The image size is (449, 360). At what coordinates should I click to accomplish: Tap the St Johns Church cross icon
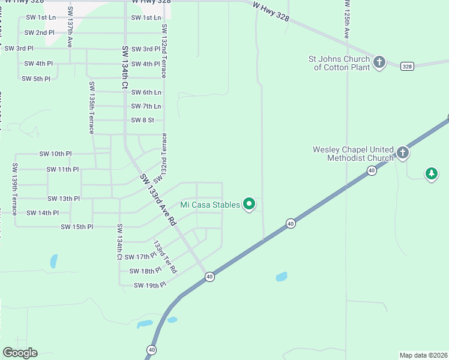click(379, 62)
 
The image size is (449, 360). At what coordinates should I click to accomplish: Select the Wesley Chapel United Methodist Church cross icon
click(402, 153)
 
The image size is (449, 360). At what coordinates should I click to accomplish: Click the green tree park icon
click(431, 174)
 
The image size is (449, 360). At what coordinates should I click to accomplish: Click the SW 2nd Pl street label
click(40, 32)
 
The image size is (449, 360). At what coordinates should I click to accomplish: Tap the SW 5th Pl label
click(36, 79)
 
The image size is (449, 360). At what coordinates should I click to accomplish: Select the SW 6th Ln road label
click(146, 92)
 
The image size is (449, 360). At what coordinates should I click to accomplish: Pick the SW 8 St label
click(142, 120)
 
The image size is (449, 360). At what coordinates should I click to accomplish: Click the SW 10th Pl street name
click(55, 154)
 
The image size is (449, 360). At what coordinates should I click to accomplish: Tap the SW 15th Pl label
click(77, 227)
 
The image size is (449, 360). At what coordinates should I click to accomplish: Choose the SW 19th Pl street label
click(149, 286)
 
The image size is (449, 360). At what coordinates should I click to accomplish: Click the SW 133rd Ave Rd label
click(158, 200)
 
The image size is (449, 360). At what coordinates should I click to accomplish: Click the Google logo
click(20, 353)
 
